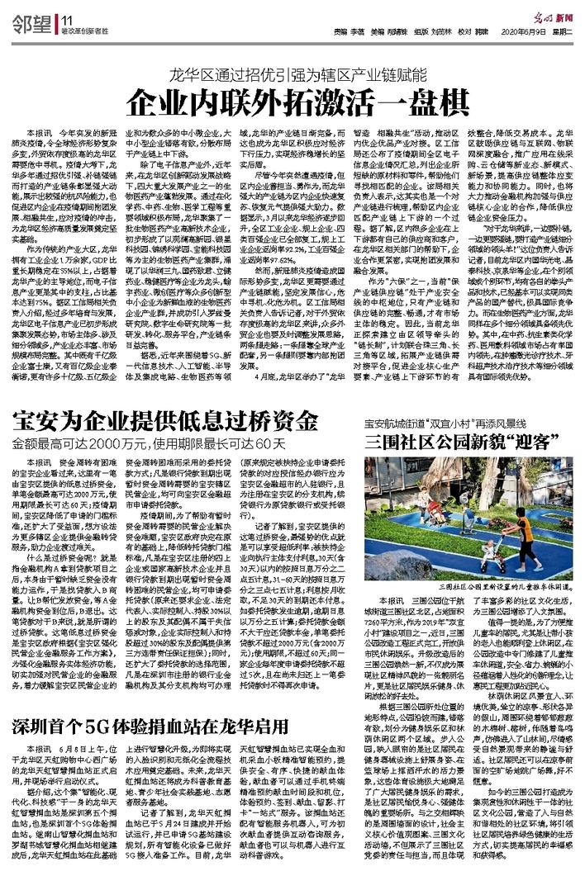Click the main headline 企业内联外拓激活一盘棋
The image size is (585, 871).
(x=292, y=102)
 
